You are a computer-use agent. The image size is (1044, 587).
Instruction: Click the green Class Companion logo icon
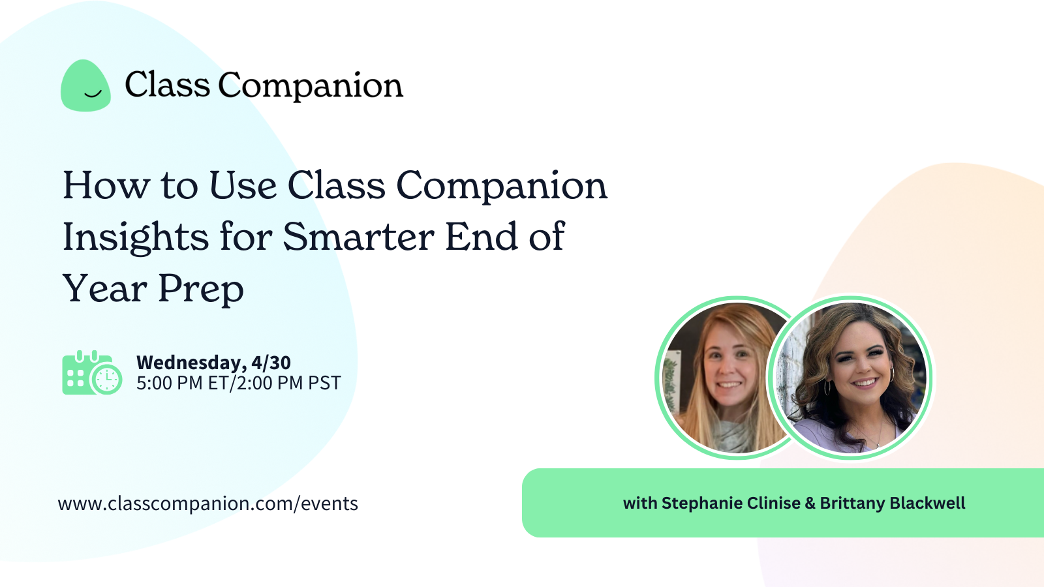[85, 86]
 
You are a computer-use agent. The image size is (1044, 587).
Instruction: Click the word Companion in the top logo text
[311, 85]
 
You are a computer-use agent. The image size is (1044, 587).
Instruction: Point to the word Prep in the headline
[201, 288]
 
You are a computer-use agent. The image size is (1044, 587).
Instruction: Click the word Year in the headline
[104, 288]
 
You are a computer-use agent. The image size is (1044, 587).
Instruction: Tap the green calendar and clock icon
[92, 372]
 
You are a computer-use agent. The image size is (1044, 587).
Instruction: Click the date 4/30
[271, 363]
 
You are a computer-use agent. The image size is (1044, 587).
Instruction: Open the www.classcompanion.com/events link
[208, 504]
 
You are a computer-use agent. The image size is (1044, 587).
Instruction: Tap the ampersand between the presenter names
[810, 504]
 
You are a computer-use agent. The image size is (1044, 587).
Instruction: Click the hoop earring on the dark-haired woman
[892, 375]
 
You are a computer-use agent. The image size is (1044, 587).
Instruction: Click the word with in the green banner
[639, 504]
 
